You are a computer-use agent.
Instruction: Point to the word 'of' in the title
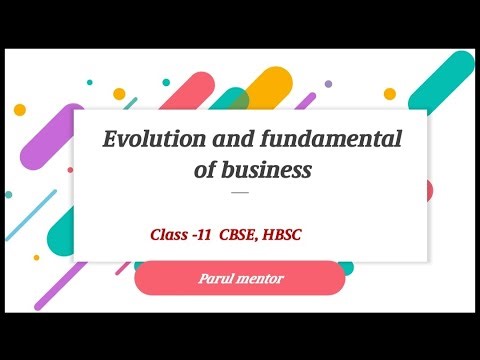(x=207, y=170)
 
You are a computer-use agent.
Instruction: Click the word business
(x=268, y=170)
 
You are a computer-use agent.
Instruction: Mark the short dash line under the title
(x=239, y=191)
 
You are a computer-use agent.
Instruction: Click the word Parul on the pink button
(x=216, y=277)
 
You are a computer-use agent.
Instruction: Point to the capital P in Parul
(x=202, y=277)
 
